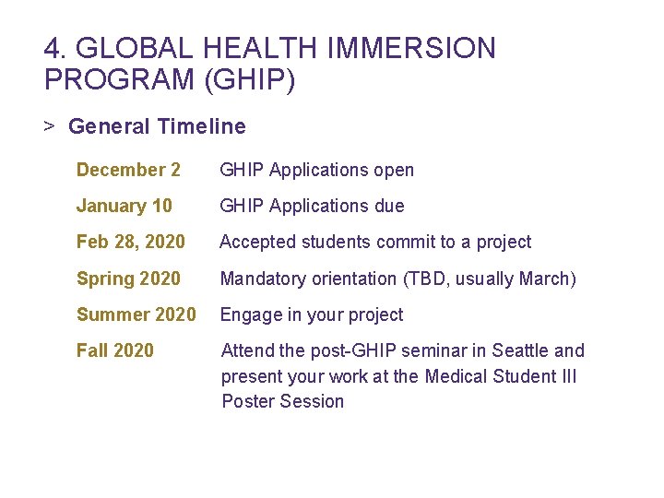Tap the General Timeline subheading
coord(157,126)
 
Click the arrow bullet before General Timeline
coord(50,126)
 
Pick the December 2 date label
coord(128,170)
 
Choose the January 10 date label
coord(124,206)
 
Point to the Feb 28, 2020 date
coord(130,242)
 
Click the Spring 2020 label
coord(128,278)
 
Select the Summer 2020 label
coord(136,314)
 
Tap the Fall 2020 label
coord(114,350)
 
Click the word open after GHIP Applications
coord(394,170)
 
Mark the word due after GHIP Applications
coord(388,206)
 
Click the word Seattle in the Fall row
coord(520,350)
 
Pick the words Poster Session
coord(282,401)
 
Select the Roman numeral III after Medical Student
coord(566,376)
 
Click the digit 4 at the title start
coord(52,48)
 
